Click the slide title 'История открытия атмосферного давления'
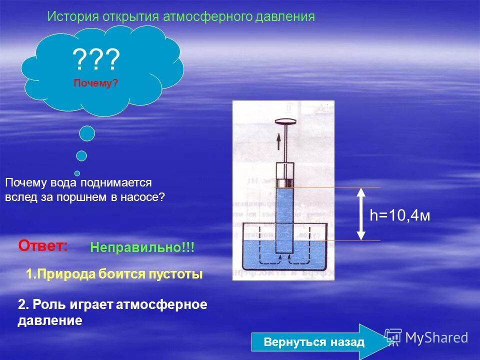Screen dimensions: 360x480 tap(181, 16)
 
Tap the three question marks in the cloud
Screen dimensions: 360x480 tap(96, 60)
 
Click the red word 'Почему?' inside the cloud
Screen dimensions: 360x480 tap(96, 83)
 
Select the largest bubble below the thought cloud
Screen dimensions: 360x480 tap(87, 133)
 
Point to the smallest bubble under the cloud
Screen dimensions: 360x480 tap(77, 173)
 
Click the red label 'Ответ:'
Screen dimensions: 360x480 tap(43, 245)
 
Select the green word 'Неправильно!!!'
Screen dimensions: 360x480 tap(142, 247)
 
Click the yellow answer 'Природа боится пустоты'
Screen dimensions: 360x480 tap(114, 274)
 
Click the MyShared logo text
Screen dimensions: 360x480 tap(436, 337)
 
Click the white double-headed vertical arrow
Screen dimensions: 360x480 tap(361, 214)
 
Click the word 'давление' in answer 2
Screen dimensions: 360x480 tap(49, 320)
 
